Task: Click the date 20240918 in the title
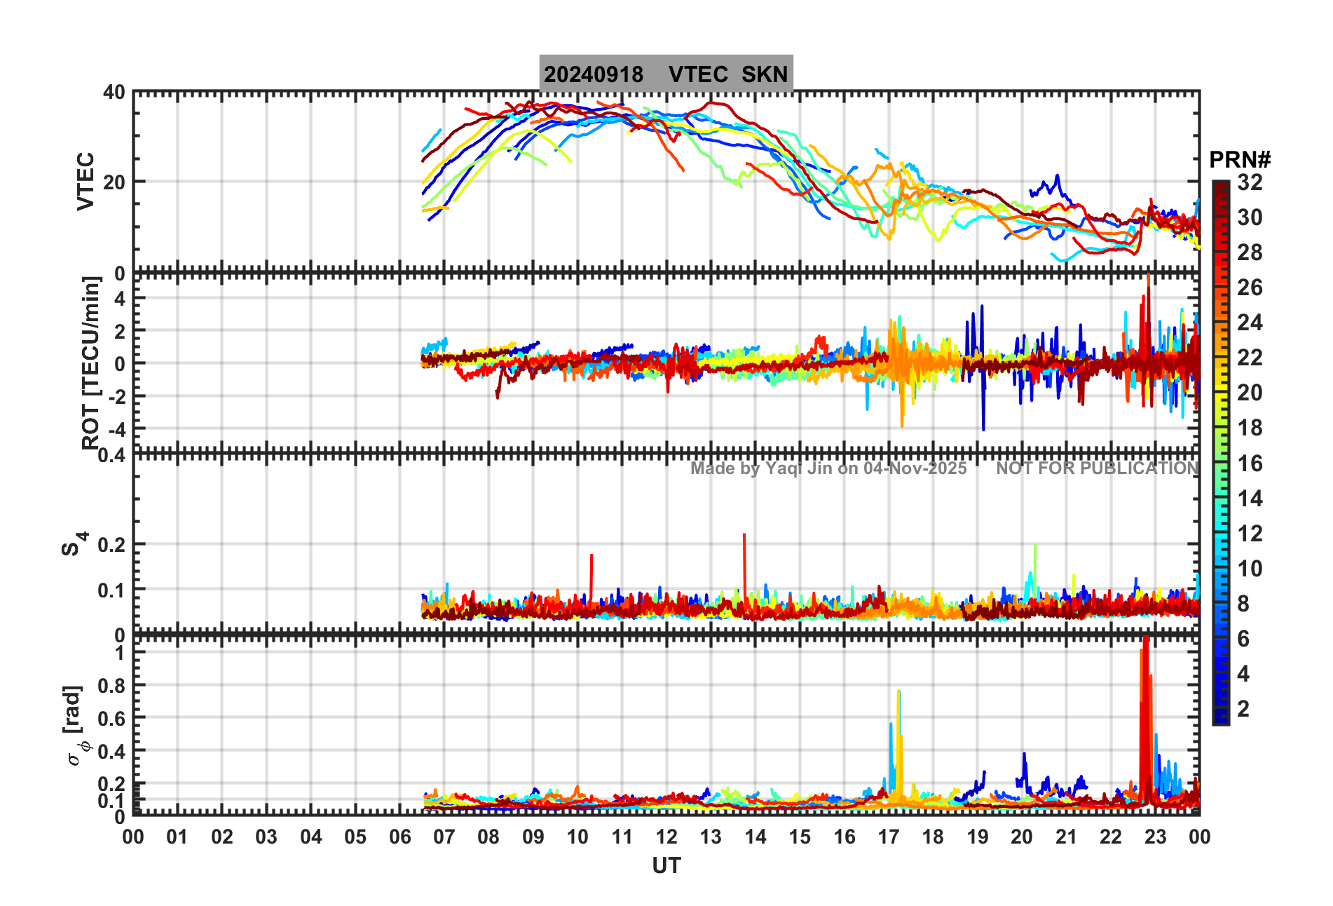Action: [x=594, y=74]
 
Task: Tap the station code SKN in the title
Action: [x=765, y=74]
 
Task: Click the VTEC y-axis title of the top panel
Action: [x=86, y=181]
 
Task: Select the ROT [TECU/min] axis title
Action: [x=91, y=363]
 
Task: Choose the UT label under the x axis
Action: [x=666, y=867]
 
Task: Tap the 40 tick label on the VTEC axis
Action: [x=114, y=93]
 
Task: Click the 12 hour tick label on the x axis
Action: [x=666, y=837]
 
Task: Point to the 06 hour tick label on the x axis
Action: [x=399, y=837]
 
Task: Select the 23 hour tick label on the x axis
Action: [x=1155, y=837]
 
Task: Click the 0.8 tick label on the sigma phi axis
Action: [x=111, y=686]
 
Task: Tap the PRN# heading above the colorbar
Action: [x=1240, y=160]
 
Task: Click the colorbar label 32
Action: [x=1250, y=183]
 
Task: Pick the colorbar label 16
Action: [x=1250, y=464]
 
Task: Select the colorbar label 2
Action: [x=1243, y=709]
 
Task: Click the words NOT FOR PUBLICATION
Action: [x=1097, y=468]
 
